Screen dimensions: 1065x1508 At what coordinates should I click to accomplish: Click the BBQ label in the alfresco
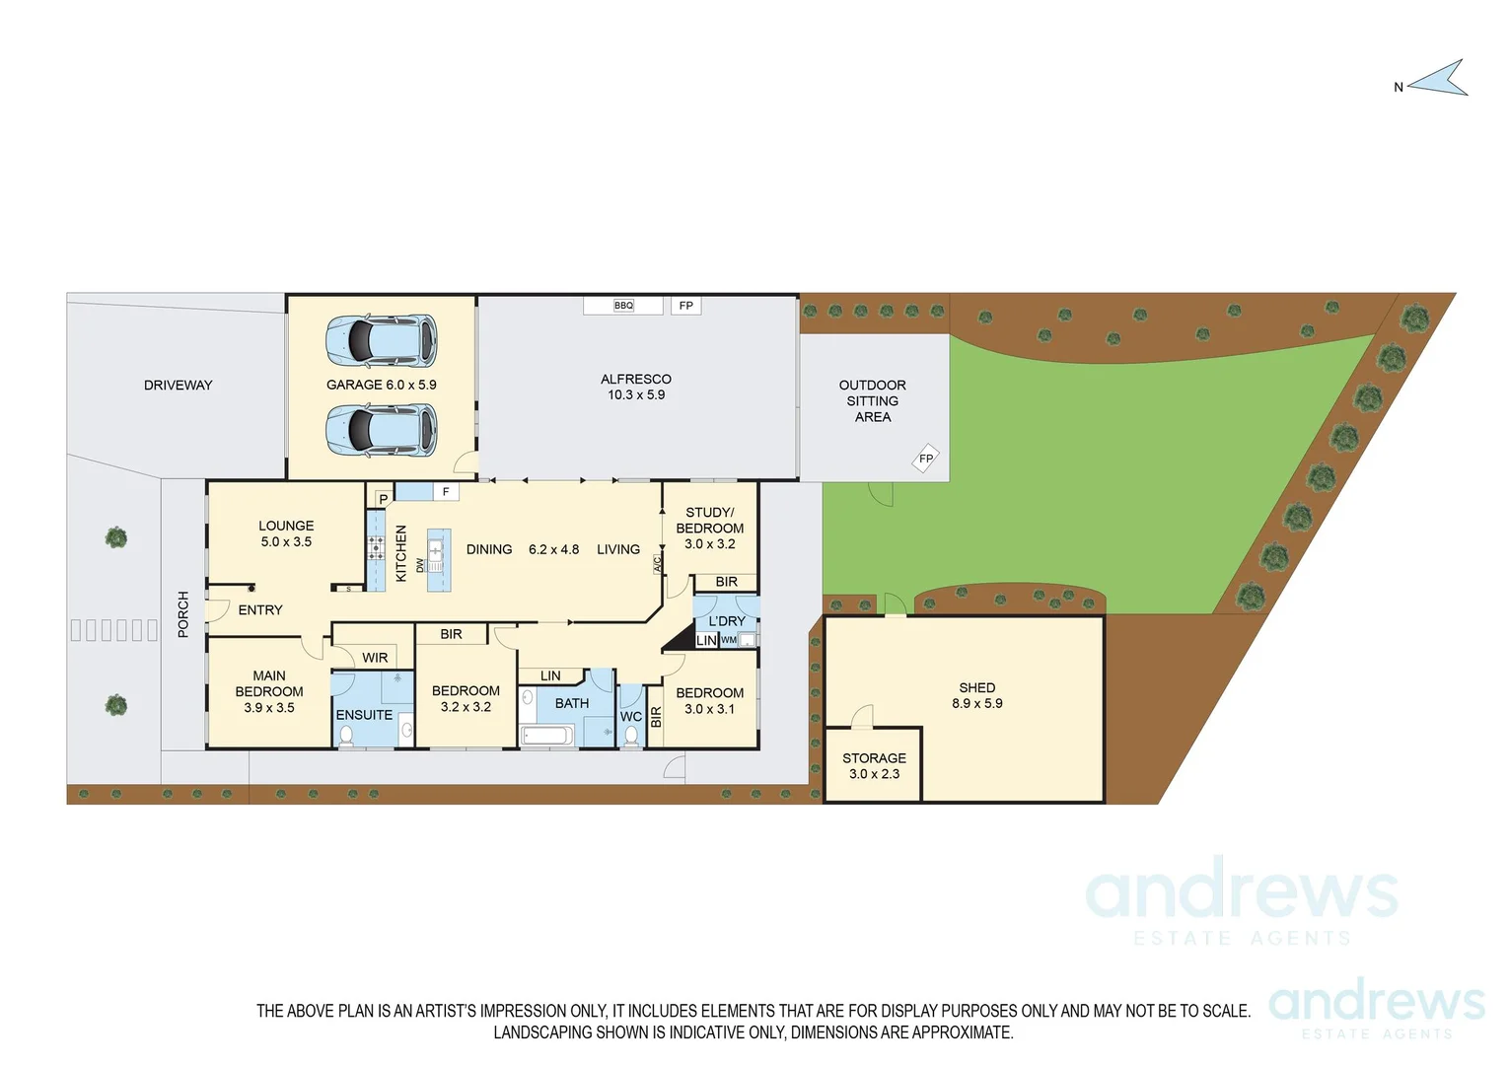[x=623, y=306]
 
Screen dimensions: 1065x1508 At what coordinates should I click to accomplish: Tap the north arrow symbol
[x=1440, y=80]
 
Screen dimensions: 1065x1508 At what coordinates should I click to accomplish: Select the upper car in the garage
[x=382, y=340]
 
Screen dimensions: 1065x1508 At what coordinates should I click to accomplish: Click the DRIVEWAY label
[x=179, y=386]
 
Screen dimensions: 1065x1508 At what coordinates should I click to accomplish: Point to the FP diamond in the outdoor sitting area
[x=925, y=459]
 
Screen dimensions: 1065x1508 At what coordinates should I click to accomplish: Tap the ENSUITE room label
[x=364, y=715]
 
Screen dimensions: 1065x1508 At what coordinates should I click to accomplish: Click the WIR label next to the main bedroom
[x=375, y=658]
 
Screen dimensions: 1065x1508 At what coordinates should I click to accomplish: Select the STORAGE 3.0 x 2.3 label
[x=874, y=766]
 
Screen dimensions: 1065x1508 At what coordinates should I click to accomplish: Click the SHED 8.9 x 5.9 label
[x=977, y=695]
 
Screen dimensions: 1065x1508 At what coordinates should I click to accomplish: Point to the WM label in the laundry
[x=729, y=640]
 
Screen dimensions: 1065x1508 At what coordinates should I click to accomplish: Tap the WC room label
[x=631, y=717]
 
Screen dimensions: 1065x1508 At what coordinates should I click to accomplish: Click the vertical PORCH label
[x=183, y=613]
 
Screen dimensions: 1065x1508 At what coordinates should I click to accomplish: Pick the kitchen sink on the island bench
[x=436, y=548]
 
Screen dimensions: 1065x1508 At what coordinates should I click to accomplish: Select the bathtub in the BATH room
[x=546, y=735]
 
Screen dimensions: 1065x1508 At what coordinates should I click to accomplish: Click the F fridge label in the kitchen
[x=446, y=491]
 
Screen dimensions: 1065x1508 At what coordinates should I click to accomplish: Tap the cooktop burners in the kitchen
[x=376, y=548]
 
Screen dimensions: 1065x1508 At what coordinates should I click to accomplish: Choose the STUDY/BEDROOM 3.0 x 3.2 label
[x=710, y=529]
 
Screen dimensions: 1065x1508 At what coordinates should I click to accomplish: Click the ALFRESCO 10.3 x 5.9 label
[x=636, y=387]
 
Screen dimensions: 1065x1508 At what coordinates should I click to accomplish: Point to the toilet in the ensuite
[x=346, y=735]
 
